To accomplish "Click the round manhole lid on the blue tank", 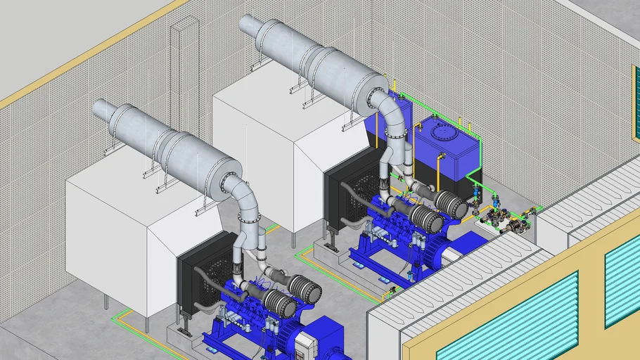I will coord(444,131).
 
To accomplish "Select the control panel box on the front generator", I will coord(307,347).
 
